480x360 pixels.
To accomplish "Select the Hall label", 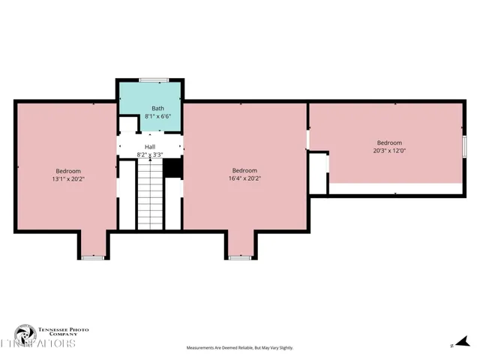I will [150, 146].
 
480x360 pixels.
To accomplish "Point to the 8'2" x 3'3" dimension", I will [150, 154].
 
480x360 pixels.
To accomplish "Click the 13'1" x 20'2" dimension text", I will [67, 179].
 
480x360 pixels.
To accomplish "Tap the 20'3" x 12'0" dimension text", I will [389, 150].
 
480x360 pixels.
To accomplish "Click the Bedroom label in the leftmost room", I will [67, 171].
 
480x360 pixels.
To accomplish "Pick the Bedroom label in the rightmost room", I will [389, 142].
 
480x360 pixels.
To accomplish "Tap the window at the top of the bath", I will [151, 80].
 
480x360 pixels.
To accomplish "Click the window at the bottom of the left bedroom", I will [92, 257].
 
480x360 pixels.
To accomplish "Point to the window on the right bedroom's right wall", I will [464, 145].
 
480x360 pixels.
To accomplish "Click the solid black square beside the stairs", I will [172, 169].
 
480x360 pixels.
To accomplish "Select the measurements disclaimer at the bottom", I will [239, 348].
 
